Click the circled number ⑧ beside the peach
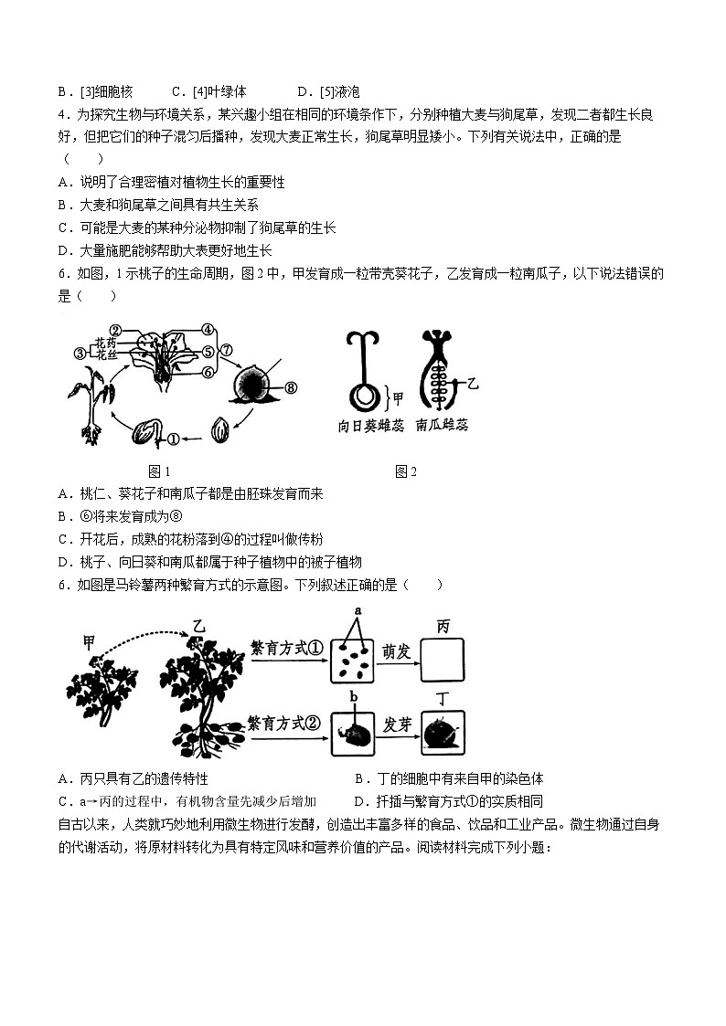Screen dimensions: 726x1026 tap(292, 386)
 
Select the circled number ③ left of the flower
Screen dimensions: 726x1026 tap(80, 354)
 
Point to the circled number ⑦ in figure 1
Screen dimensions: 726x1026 tap(228, 349)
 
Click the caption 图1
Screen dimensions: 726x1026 tap(160, 471)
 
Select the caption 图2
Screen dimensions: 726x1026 tap(406, 471)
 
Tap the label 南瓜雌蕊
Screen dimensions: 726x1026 tap(442, 426)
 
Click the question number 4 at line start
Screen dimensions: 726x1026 tap(61, 114)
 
